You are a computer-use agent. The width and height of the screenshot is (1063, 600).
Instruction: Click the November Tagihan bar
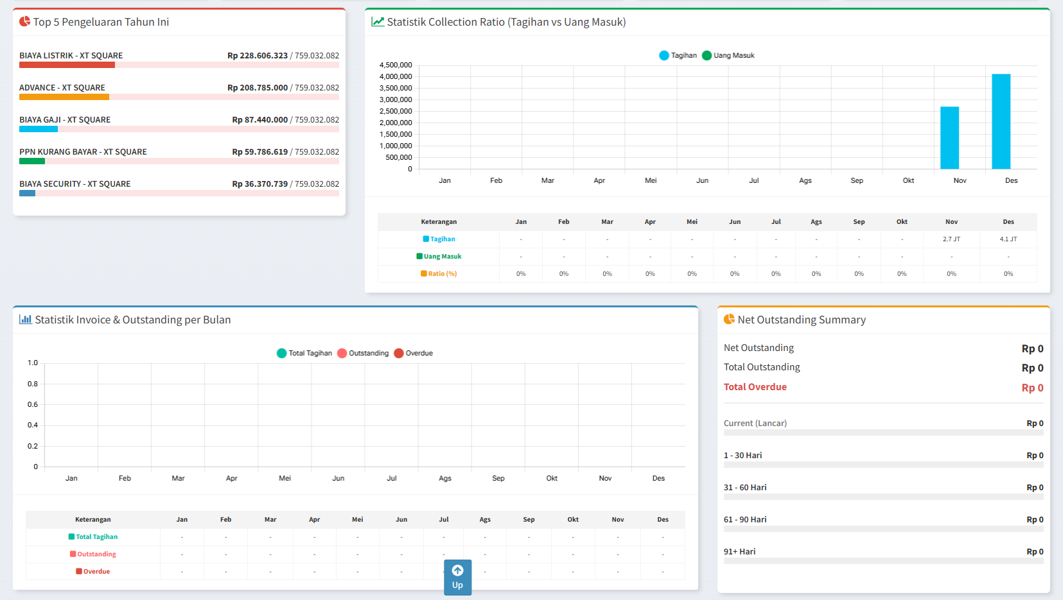tap(949, 138)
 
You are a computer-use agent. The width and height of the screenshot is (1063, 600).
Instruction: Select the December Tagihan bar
tap(1001, 122)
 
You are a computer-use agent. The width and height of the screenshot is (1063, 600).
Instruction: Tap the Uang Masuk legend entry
tap(728, 56)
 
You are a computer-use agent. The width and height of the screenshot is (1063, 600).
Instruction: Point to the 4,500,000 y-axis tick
tap(396, 65)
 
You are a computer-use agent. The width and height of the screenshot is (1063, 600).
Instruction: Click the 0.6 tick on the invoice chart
tap(33, 405)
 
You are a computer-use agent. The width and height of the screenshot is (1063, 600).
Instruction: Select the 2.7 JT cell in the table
tap(951, 239)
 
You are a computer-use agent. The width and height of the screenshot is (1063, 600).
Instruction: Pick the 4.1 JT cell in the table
tap(1008, 239)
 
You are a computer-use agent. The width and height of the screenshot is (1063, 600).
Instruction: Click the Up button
tap(457, 577)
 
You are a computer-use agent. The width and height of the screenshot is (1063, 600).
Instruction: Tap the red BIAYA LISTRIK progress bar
tap(67, 65)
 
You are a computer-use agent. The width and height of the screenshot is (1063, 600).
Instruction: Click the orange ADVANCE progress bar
tap(64, 97)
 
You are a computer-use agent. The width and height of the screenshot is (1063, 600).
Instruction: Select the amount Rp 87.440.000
tap(259, 120)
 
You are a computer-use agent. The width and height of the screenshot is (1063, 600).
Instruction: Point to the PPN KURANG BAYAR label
tap(83, 152)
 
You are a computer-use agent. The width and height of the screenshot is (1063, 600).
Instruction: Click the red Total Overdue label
tap(755, 387)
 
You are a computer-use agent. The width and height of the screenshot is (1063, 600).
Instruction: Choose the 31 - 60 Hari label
tap(745, 488)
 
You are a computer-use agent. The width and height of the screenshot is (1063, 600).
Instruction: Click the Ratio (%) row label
tap(439, 274)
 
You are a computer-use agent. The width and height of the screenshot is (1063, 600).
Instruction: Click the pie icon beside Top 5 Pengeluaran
tap(24, 22)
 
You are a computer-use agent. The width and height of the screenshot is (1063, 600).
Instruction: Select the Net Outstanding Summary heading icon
tap(729, 320)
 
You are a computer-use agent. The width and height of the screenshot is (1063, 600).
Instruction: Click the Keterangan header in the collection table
tap(439, 222)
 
